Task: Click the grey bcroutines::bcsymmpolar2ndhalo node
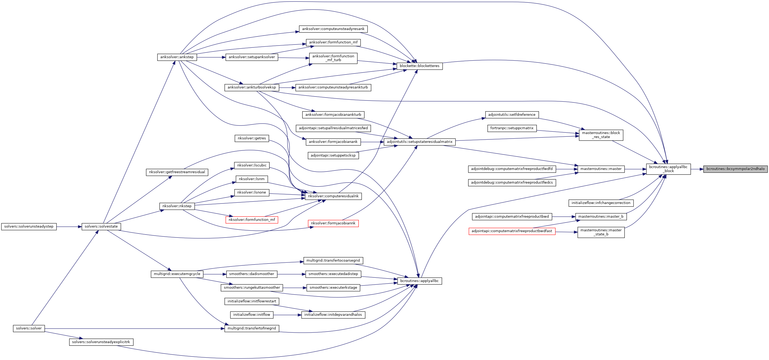click(x=735, y=169)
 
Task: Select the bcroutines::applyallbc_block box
click(x=668, y=169)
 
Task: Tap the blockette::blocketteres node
click(x=419, y=66)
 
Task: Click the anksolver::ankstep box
click(x=177, y=57)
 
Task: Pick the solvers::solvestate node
click(x=101, y=227)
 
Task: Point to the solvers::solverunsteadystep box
click(x=29, y=227)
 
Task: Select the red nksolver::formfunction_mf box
click(x=252, y=220)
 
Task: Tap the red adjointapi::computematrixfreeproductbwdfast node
click(x=512, y=231)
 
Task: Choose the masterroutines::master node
click(x=601, y=169)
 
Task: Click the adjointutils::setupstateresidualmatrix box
click(x=419, y=142)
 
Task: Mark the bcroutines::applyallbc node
click(x=419, y=281)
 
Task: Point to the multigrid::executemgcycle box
click(x=177, y=274)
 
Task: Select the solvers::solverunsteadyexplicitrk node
click(x=101, y=342)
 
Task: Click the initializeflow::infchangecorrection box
click(x=601, y=203)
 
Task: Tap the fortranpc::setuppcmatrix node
click(x=512, y=128)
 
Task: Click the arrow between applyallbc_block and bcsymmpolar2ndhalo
click(x=697, y=169)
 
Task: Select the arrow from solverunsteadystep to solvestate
click(x=69, y=227)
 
